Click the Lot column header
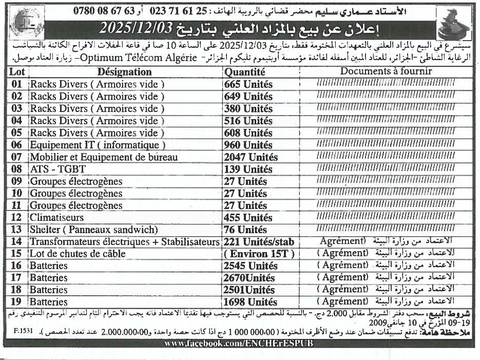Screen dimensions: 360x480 17,72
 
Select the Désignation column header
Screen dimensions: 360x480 124,72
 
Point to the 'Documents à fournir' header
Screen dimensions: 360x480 386,71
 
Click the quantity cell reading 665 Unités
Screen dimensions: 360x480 248,84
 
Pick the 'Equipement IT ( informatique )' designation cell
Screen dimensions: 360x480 98,145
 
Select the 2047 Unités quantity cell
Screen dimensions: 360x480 251,157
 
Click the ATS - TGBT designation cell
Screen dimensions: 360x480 57,169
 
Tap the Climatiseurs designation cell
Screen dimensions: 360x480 56,218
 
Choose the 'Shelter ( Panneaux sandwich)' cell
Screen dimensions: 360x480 93,230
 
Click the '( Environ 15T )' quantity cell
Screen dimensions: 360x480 259,254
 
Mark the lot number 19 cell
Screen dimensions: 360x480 17,302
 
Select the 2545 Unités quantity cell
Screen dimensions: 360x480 251,266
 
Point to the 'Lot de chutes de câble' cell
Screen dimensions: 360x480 78,254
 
